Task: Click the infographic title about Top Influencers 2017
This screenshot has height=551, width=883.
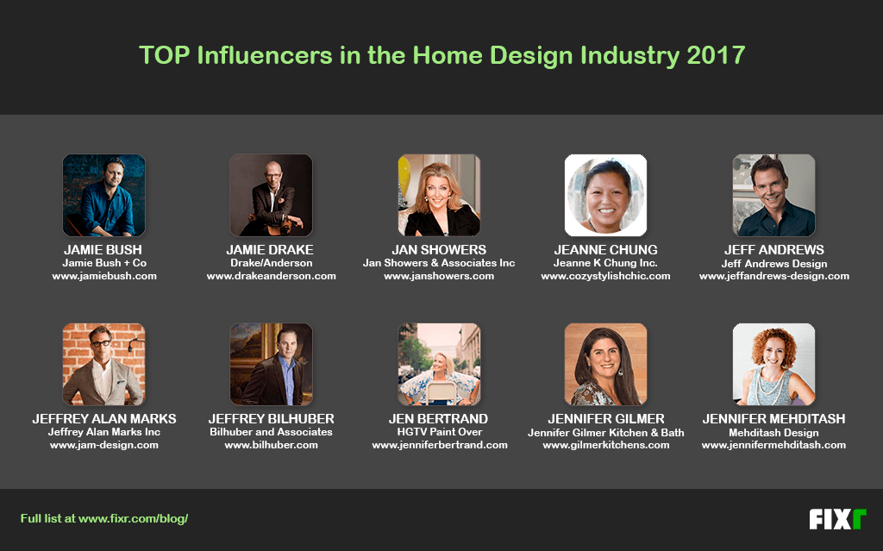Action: pos(441,56)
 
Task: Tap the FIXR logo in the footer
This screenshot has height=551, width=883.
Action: pos(836,519)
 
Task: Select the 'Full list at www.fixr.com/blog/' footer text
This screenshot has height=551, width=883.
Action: pos(104,519)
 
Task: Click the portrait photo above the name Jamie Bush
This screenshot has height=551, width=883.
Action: pos(104,196)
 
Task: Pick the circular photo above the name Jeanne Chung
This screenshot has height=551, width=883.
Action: pos(605,196)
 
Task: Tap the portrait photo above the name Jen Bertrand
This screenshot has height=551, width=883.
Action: pos(439,364)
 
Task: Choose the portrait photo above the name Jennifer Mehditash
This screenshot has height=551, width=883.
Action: pos(773,364)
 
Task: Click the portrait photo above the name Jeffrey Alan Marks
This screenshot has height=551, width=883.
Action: pos(104,364)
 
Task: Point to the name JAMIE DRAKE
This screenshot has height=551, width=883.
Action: pos(271,250)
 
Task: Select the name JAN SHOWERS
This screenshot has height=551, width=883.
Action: pos(439,250)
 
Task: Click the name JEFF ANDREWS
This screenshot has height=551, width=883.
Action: pos(773,250)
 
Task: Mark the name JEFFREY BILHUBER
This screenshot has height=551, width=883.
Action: pos(271,419)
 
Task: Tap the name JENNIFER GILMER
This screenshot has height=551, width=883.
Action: pos(605,419)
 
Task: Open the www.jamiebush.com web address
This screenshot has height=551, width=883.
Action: pos(104,276)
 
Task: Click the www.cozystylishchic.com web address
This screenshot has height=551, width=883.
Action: pos(605,276)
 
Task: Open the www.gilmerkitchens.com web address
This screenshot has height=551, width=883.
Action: pos(605,445)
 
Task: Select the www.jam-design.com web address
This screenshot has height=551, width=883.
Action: pos(104,445)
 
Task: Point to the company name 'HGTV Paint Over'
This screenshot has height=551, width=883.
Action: pos(439,432)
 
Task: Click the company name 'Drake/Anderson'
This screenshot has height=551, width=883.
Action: pos(271,263)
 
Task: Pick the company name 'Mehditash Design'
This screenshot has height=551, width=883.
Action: pos(773,432)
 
